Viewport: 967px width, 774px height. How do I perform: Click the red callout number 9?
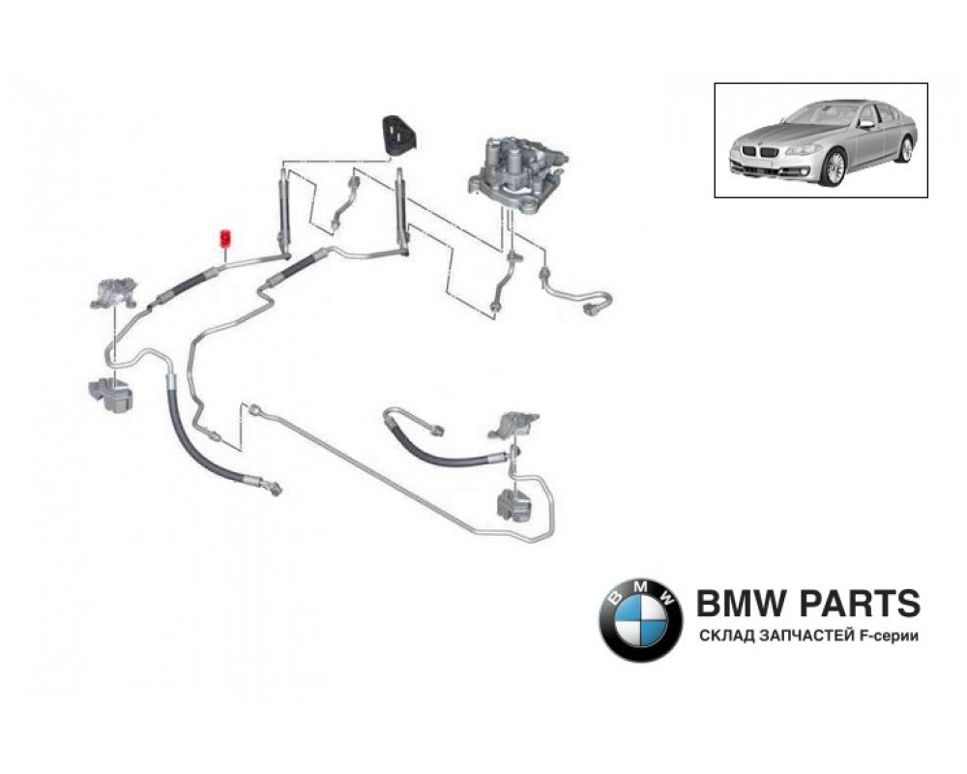(225, 237)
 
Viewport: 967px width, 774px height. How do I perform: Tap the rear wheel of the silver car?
(905, 148)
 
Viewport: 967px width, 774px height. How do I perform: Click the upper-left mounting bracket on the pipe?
(114, 291)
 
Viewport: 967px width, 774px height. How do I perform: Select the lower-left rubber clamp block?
(109, 392)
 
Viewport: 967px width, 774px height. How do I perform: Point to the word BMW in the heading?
(730, 604)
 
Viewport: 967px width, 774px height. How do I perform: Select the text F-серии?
(886, 636)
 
